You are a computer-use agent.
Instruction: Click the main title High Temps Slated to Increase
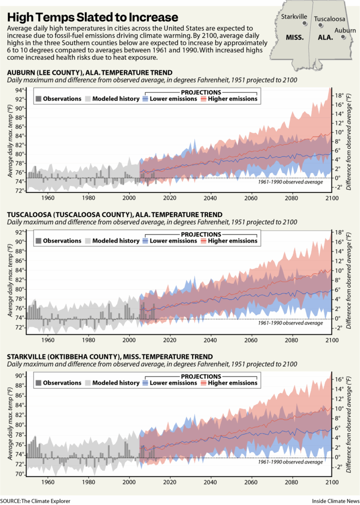coord(93,17)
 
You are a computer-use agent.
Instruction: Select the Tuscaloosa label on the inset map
coord(330,19)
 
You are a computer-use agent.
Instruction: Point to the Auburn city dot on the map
coord(343,38)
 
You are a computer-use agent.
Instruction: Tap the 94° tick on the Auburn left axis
coord(20,90)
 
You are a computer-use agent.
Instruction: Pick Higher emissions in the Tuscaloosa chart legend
coord(232,241)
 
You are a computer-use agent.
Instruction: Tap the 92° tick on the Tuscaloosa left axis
coord(20,232)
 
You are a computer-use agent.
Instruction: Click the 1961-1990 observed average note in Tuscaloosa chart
coord(290,323)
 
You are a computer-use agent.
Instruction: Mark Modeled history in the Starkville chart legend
coord(116,383)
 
